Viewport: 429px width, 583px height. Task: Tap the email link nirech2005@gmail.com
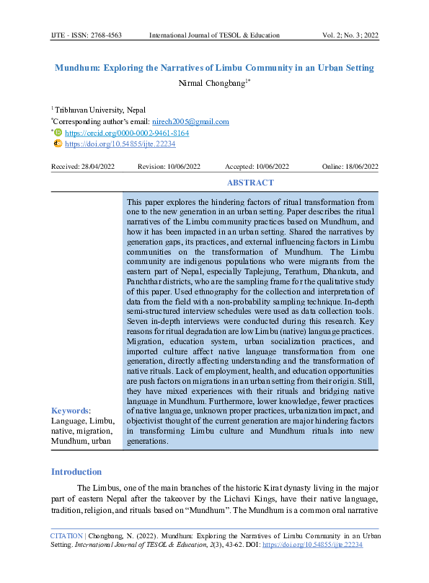pyautogui.click(x=190, y=122)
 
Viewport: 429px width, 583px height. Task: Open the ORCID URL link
pyautogui.click(x=127, y=133)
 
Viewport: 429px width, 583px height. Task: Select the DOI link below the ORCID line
pyautogui.click(x=120, y=144)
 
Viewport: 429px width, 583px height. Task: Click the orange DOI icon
pyautogui.click(x=58, y=144)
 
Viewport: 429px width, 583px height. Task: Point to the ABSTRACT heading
pyautogui.click(x=250, y=183)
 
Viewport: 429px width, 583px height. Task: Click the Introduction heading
pyautogui.click(x=76, y=472)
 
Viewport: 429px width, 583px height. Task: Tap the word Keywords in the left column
pyautogui.click(x=69, y=411)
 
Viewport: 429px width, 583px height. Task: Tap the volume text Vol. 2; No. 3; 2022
pyautogui.click(x=350, y=35)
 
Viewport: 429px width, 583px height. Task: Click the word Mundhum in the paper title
pyautogui.click(x=78, y=68)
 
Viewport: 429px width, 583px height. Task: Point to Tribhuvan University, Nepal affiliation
pyautogui.click(x=100, y=110)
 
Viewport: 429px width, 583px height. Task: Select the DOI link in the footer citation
pyautogui.click(x=324, y=545)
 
